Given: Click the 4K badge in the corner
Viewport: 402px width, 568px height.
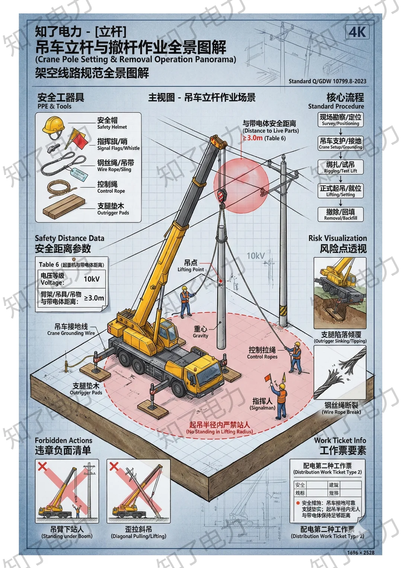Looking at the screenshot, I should tap(357, 32).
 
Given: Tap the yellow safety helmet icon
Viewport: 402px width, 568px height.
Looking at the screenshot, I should tap(54, 125).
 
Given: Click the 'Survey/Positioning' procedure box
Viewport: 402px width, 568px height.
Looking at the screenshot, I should tap(340, 120).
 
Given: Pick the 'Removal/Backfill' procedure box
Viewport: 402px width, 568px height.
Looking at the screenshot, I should tap(340, 214).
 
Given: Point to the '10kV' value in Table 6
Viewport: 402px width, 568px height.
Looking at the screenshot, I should tap(92, 279).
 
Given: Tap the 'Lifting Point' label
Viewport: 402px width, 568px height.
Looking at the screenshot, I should tap(191, 266).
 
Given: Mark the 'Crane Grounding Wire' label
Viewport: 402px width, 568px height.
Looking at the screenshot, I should tap(71, 330).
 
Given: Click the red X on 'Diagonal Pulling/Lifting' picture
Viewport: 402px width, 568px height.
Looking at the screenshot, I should tap(114, 466).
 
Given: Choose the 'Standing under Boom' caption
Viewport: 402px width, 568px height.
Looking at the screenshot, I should tap(67, 532).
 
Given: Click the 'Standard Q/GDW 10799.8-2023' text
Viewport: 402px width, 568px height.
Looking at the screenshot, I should tap(327, 81).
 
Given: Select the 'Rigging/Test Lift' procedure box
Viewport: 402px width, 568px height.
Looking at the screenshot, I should tap(340, 167).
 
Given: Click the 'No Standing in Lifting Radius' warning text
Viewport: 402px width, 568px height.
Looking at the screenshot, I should tap(219, 428).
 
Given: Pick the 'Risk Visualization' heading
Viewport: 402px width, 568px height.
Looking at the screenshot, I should tap(337, 238).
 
